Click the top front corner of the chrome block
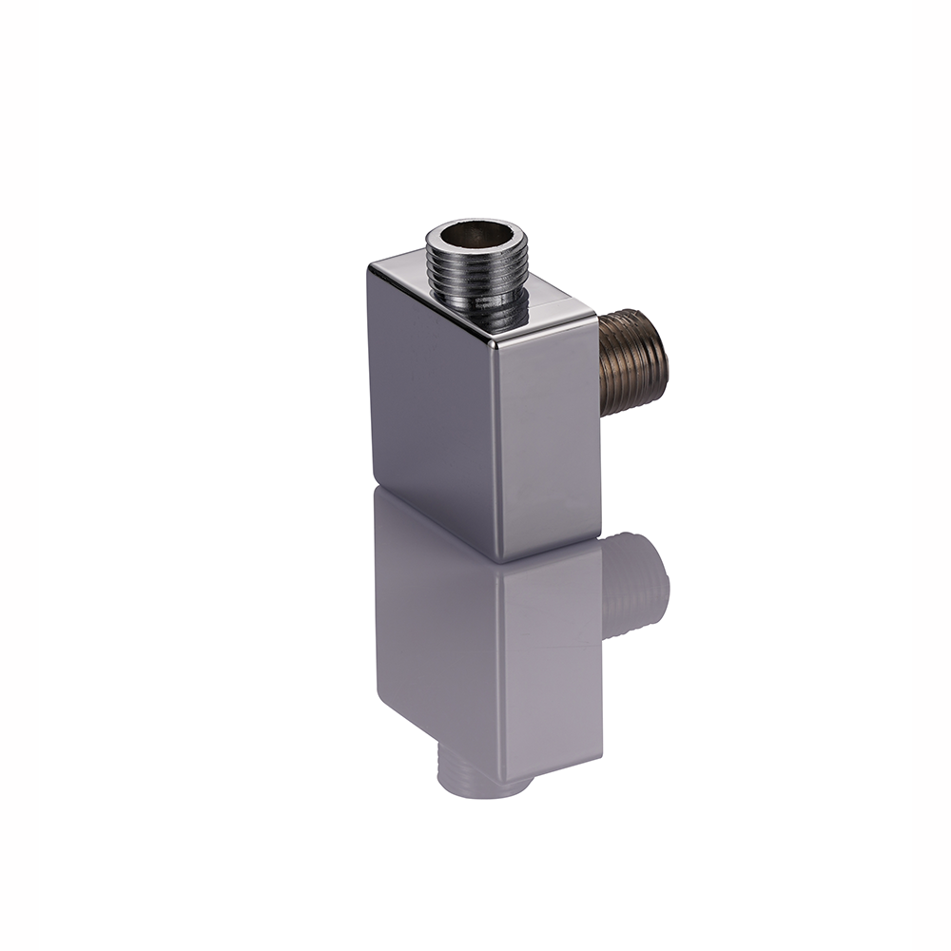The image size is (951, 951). coord(497,340)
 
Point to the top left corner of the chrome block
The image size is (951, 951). coord(371,266)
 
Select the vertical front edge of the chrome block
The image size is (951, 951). coord(498,447)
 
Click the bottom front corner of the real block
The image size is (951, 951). coord(500,561)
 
